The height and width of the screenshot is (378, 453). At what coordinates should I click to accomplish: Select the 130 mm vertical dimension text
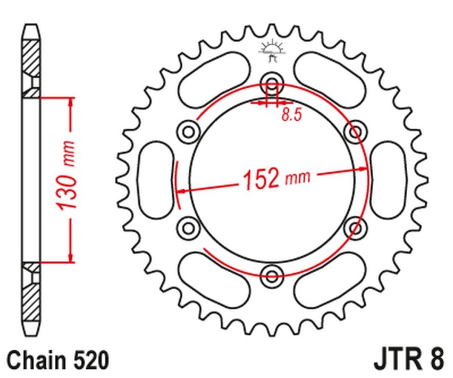69,180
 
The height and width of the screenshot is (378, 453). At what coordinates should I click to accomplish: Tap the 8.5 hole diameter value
291,115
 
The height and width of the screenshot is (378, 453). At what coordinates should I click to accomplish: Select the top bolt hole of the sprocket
272,83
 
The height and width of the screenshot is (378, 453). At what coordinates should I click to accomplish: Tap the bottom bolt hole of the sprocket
272,276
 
